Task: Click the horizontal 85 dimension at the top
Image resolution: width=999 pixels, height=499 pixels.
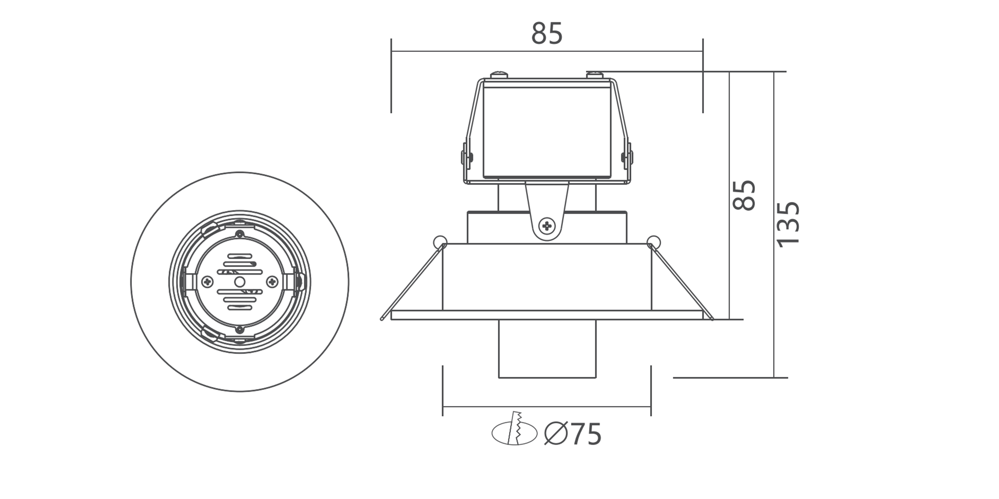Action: pos(546,34)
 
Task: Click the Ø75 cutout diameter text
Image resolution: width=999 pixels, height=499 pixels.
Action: pos(573,434)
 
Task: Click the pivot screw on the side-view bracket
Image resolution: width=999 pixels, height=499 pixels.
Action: pos(547,226)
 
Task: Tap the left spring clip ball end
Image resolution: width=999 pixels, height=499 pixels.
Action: pos(440,242)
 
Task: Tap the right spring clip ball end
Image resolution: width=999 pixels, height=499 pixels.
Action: pos(654,242)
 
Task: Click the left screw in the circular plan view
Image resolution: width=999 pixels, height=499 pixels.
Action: pos(208,282)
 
